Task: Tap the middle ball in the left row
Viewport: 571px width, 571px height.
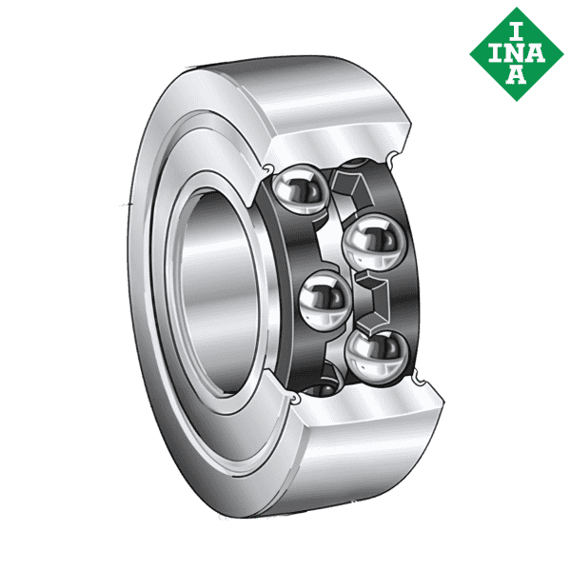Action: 325,301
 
